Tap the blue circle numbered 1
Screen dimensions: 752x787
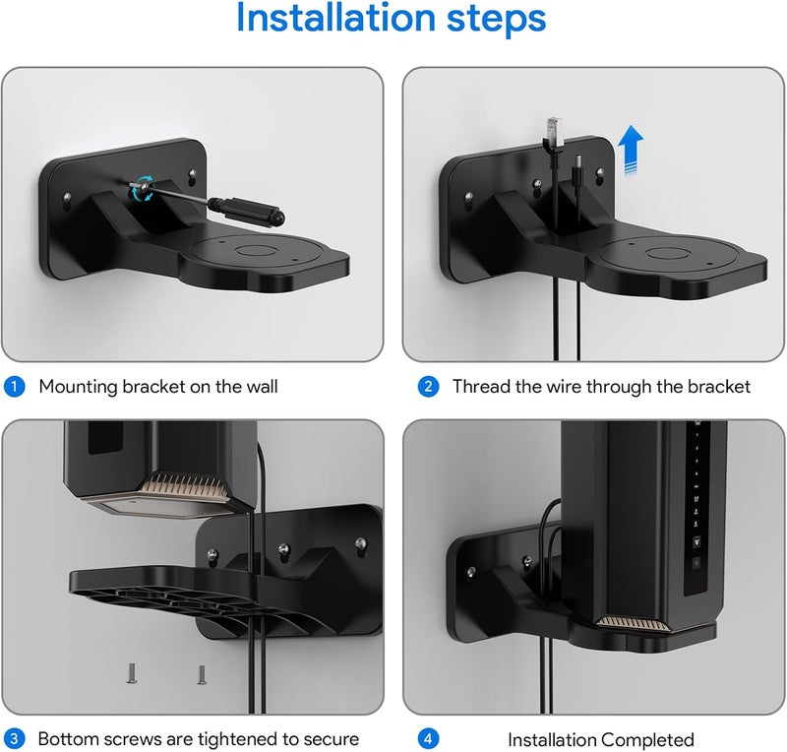click(x=15, y=387)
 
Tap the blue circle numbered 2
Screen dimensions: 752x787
click(x=428, y=387)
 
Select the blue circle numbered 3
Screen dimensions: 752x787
click(x=15, y=738)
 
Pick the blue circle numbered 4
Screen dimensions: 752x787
click(x=428, y=738)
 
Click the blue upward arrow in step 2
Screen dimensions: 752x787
click(x=632, y=153)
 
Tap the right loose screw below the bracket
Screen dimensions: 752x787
click(x=200, y=675)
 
